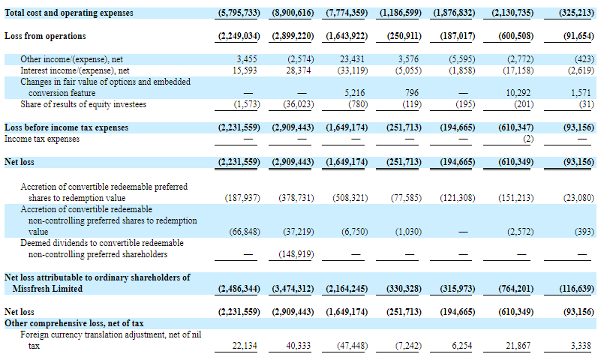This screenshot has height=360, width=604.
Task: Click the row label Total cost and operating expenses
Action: [69, 13]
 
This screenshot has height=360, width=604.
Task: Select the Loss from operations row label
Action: [45, 36]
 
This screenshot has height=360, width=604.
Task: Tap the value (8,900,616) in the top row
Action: [292, 13]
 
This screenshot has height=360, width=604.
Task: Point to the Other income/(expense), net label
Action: [71, 58]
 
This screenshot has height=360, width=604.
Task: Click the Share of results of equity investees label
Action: [83, 104]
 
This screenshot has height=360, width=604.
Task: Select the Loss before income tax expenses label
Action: [66, 127]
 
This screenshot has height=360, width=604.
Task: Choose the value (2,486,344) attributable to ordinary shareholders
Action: [239, 289]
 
